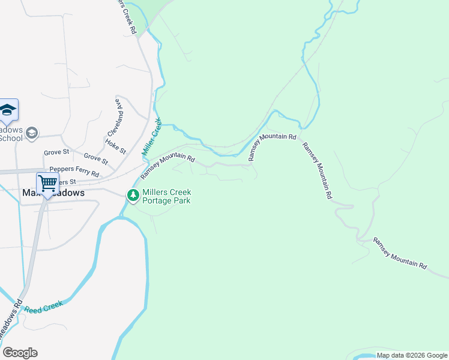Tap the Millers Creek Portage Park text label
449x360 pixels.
pos(166,196)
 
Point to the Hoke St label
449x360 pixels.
pos(115,146)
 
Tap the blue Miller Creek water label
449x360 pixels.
pos(152,137)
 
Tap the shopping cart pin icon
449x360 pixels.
pos(47,182)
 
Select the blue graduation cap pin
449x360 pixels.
pos(8,109)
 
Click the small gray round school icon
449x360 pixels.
pos(32,133)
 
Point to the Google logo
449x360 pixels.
pos(20,353)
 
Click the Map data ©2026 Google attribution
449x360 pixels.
pos(412,355)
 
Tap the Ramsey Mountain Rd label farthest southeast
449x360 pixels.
pos(400,253)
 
